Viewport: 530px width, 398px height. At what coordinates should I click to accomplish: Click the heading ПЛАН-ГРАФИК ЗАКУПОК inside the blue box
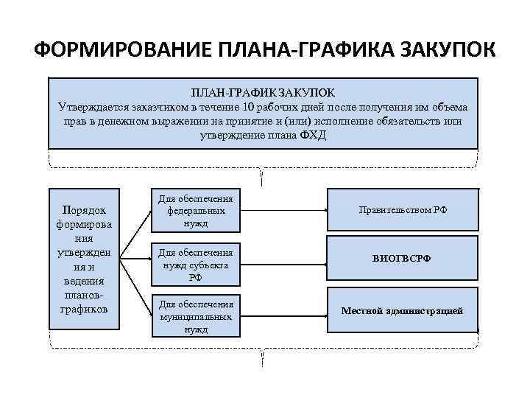click(x=263, y=92)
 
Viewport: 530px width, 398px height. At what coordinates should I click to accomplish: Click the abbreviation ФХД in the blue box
click(x=314, y=136)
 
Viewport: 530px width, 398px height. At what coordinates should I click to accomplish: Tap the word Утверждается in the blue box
click(x=91, y=106)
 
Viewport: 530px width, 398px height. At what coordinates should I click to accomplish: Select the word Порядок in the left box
click(x=83, y=209)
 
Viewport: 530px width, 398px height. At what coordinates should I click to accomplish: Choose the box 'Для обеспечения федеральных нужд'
click(x=196, y=211)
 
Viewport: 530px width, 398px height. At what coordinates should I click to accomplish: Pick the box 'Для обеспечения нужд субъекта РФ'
click(x=196, y=262)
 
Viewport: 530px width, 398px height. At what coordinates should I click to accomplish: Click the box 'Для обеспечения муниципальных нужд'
click(x=196, y=316)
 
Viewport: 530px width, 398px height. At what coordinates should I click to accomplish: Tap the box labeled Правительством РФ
click(x=402, y=210)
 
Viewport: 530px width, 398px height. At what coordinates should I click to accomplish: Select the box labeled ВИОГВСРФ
click(x=402, y=259)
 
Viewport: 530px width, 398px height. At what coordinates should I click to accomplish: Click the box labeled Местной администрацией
click(x=402, y=310)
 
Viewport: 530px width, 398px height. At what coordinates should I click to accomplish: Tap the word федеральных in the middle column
click(x=196, y=211)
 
